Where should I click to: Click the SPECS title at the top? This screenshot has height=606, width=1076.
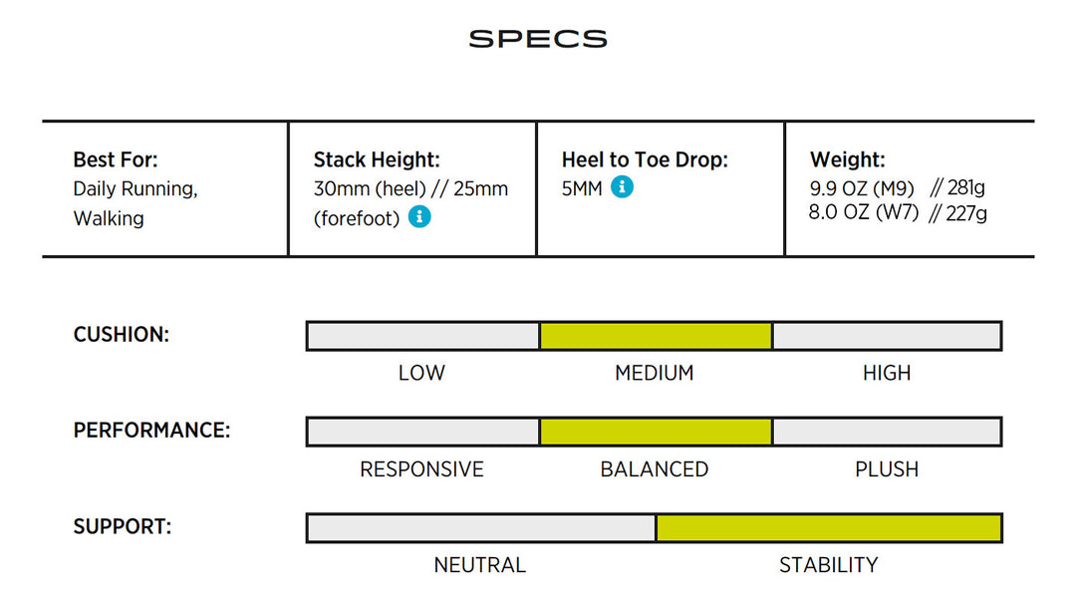[x=538, y=39]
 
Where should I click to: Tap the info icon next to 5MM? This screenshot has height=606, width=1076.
[x=623, y=186]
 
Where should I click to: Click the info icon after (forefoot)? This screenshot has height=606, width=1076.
[x=419, y=217]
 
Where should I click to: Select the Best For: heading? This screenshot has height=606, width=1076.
[x=116, y=159]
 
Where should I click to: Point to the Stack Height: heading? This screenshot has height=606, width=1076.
[x=377, y=159]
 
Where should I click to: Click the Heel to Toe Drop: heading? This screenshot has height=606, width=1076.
[x=645, y=159]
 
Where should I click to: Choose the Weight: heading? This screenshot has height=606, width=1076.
[x=848, y=159]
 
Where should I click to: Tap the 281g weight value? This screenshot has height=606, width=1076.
[x=965, y=187]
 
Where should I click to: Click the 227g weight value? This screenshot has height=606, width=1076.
[x=966, y=213]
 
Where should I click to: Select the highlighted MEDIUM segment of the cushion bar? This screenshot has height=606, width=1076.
[x=656, y=336]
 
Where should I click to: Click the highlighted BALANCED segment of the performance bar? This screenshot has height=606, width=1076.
[x=656, y=432]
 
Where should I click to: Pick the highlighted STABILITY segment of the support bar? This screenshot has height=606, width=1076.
[x=828, y=528]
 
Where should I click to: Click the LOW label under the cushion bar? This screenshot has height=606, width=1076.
[x=421, y=373]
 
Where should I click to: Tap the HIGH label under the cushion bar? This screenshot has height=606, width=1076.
[x=887, y=373]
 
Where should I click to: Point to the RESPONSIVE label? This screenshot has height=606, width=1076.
[x=421, y=469]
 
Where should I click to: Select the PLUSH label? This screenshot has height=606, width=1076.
[x=887, y=469]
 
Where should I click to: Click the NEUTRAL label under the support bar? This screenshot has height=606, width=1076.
[x=479, y=565]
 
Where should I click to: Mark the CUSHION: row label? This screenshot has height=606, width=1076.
[x=121, y=334]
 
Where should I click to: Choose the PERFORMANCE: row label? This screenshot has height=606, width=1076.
[x=151, y=431]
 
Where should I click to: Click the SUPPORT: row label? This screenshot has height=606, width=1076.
[x=123, y=526]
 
